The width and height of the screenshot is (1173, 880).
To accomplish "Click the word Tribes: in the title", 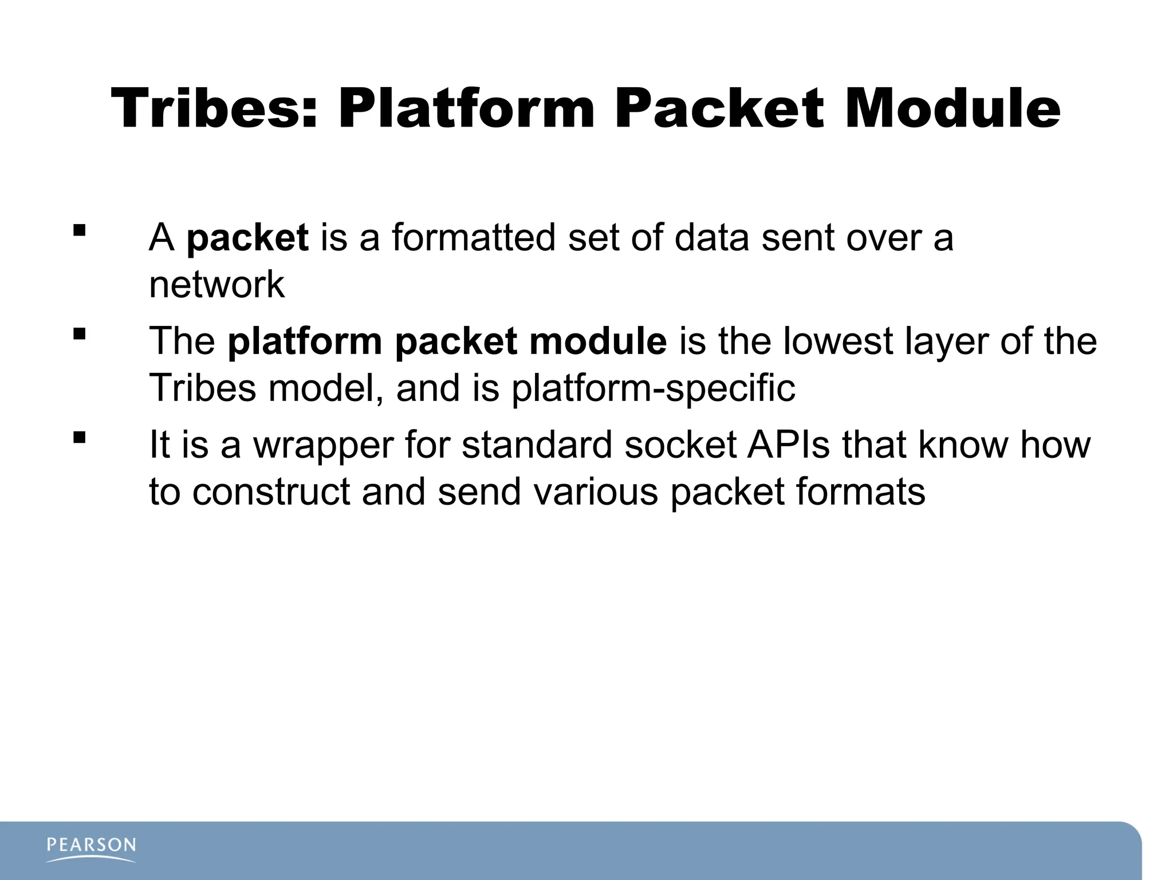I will coord(214,109).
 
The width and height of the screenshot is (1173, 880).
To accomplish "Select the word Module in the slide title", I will coord(952,109).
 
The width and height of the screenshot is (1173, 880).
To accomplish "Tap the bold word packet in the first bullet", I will coord(247,238).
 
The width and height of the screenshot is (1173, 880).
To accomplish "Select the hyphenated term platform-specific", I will coord(653,388).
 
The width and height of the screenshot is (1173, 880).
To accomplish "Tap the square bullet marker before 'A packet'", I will coord(80,230).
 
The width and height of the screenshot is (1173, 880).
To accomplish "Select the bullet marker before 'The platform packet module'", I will coord(80,333).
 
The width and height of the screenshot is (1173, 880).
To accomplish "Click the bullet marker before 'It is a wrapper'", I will coord(80,438).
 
